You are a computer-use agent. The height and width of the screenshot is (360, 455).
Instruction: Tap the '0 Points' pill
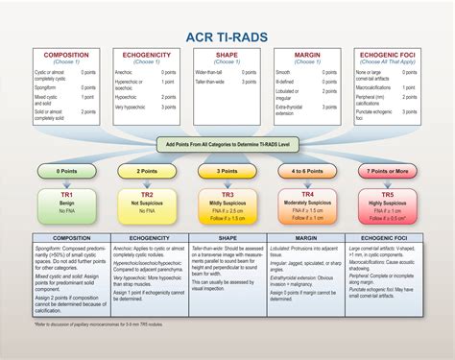click(66, 171)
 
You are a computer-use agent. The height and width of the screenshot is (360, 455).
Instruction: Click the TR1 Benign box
click(66, 204)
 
